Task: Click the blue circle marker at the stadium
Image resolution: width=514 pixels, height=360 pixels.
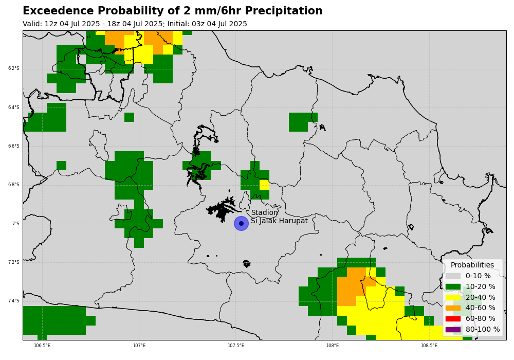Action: (241, 224)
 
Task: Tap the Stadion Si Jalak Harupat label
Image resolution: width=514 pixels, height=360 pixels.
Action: (280, 217)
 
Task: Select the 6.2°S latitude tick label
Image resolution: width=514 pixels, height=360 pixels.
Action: (14, 68)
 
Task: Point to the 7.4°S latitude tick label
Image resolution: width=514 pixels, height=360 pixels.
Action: (14, 301)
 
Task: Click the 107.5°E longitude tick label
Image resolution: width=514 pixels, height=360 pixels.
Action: (236, 346)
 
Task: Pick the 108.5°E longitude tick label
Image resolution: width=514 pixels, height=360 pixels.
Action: (429, 346)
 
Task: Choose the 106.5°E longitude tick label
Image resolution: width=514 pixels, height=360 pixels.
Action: (42, 346)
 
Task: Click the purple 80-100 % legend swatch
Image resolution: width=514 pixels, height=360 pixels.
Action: (453, 330)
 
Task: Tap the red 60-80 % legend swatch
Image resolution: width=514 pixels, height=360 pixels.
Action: (453, 319)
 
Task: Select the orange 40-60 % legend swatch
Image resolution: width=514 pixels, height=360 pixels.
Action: (453, 308)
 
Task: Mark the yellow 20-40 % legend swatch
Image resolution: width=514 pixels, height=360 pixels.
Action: (453, 297)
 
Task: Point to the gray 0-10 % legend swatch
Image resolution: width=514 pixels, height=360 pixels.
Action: (453, 276)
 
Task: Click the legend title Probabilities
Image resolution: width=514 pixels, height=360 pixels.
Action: (472, 265)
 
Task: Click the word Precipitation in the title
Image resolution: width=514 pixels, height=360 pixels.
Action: (284, 11)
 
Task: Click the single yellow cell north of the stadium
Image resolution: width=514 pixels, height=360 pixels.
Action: (265, 185)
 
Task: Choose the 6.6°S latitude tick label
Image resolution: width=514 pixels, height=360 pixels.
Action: (14, 146)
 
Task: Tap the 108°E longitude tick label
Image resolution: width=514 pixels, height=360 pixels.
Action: (333, 346)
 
